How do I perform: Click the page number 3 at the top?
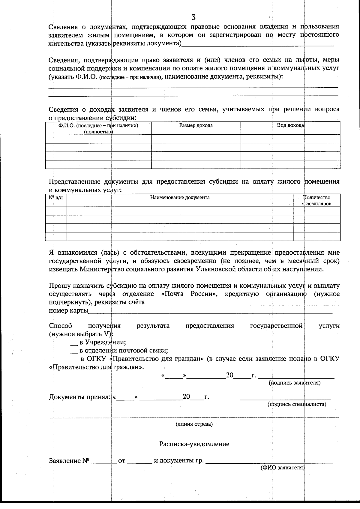[x=193, y=17]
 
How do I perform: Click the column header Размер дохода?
[x=196, y=125]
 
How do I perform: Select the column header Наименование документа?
[x=180, y=197]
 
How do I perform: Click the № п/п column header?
[x=56, y=197]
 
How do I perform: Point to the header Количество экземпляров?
[x=316, y=200]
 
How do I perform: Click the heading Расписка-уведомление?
[x=194, y=444]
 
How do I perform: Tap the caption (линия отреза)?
[x=194, y=424]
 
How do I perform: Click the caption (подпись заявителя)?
[x=295, y=383]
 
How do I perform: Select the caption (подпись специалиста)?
[x=297, y=404]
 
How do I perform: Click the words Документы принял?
[x=79, y=397]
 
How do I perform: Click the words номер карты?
[x=68, y=310]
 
